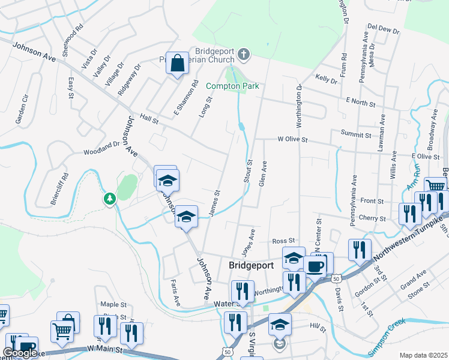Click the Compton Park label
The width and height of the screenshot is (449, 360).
[x=232, y=86]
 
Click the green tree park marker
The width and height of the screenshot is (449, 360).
[x=109, y=198]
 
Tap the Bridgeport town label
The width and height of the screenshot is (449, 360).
[x=252, y=265]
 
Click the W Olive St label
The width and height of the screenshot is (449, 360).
[x=292, y=139]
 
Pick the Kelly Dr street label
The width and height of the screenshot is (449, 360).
[x=327, y=79]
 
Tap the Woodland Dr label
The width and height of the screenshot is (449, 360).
[x=101, y=148]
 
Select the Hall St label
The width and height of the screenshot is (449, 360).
[x=148, y=119]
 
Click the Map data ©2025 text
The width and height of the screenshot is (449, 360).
[x=423, y=355]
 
